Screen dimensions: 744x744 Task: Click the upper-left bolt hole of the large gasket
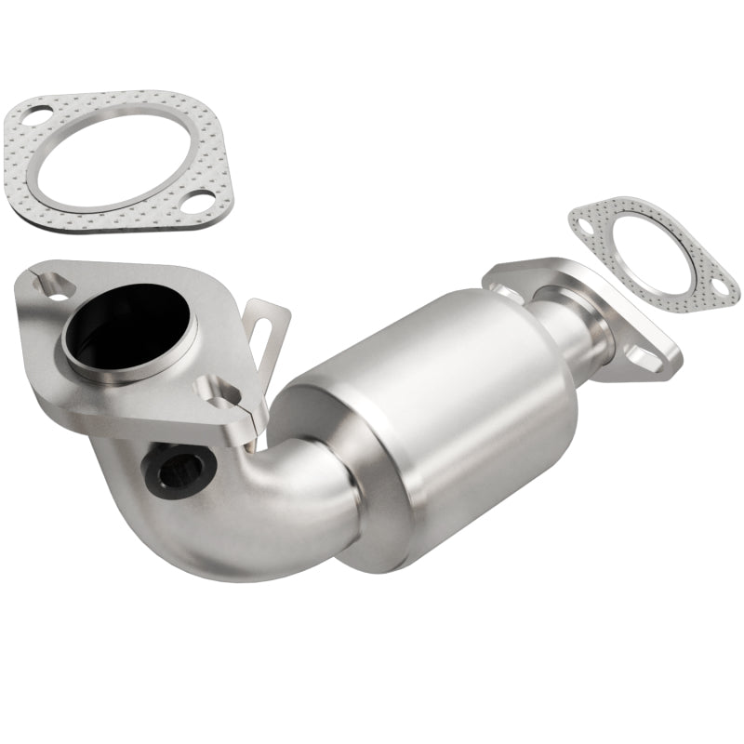point(33,117)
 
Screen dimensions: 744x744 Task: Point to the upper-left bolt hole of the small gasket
point(585,222)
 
